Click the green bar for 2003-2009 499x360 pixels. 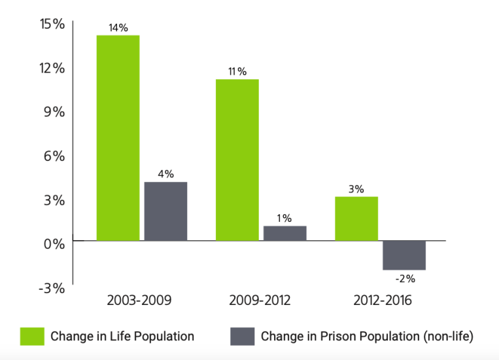pyautogui.click(x=118, y=137)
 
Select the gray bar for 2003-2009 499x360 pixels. pyautogui.click(x=165, y=211)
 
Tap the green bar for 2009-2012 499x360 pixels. pyautogui.click(x=237, y=160)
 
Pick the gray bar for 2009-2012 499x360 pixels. pyautogui.click(x=284, y=233)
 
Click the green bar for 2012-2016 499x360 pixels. pyautogui.click(x=356, y=218)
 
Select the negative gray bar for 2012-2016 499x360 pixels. pyautogui.click(x=404, y=255)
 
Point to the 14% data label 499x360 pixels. pyautogui.click(x=118, y=27)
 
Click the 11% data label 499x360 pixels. pyautogui.click(x=237, y=71)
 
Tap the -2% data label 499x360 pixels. pyautogui.click(x=405, y=278)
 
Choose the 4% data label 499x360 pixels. pyautogui.click(x=165, y=174)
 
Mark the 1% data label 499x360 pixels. pyautogui.click(x=284, y=218)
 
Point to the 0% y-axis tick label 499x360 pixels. pyautogui.click(x=52, y=243)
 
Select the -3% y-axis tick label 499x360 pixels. pyautogui.click(x=50, y=288)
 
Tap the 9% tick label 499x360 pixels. pyautogui.click(x=54, y=111)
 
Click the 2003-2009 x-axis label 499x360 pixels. pyautogui.click(x=139, y=301)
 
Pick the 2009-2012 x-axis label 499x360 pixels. pyautogui.click(x=260, y=301)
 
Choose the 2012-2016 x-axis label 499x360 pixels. pyautogui.click(x=381, y=301)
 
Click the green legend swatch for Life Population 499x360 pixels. pyautogui.click(x=32, y=336)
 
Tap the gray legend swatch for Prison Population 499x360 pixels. pyautogui.click(x=242, y=336)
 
